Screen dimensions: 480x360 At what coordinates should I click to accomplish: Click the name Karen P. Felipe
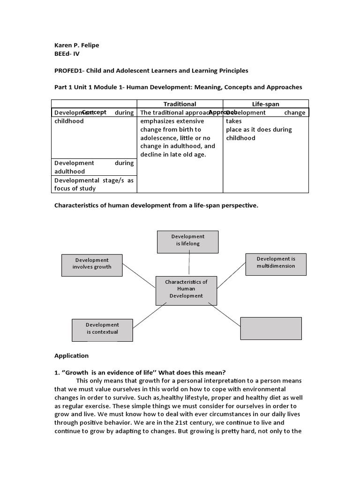click(77, 45)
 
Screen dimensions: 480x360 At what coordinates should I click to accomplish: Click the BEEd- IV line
click(67, 53)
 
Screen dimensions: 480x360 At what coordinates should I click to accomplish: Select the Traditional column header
click(180, 104)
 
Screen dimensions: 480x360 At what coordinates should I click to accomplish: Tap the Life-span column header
click(265, 104)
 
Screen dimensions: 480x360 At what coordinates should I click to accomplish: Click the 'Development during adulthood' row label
click(94, 167)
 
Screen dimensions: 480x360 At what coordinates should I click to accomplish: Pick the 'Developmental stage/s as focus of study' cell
click(94, 184)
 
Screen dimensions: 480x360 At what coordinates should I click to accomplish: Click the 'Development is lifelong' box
click(187, 240)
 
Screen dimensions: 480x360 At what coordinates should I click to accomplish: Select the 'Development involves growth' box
click(92, 263)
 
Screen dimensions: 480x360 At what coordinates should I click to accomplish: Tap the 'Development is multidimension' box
click(276, 262)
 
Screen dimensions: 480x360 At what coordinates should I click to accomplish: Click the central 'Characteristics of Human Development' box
click(186, 289)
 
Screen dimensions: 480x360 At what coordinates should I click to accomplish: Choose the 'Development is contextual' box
click(102, 329)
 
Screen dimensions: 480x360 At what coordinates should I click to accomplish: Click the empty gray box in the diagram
click(271, 328)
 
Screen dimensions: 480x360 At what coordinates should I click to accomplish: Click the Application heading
click(71, 356)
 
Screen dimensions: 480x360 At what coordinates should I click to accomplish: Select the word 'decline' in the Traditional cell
click(151, 155)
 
